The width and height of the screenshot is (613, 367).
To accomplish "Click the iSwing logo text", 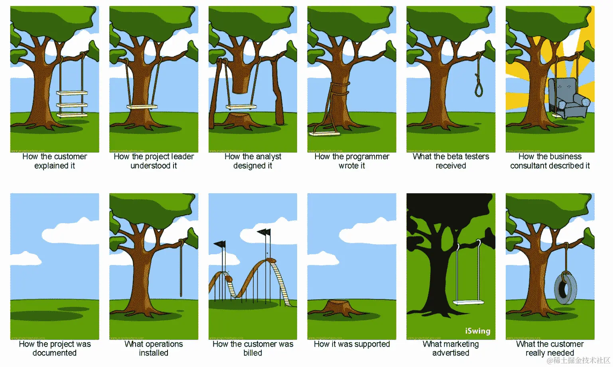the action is coord(477,331).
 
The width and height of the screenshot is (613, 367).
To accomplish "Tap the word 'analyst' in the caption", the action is coord(268,157).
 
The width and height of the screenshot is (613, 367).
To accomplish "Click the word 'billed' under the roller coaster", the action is coord(253,353).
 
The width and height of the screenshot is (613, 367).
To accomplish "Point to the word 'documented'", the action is coord(55,353).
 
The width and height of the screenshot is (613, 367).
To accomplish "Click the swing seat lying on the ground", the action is coord(324,133).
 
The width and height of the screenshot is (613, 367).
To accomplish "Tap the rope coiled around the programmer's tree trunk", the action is coord(340,88).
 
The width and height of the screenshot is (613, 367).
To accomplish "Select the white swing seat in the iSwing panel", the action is coord(468,302).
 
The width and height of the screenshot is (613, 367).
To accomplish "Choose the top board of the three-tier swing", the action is coord(72,93).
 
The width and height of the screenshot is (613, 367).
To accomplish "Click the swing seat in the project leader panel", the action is coord(142,107).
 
